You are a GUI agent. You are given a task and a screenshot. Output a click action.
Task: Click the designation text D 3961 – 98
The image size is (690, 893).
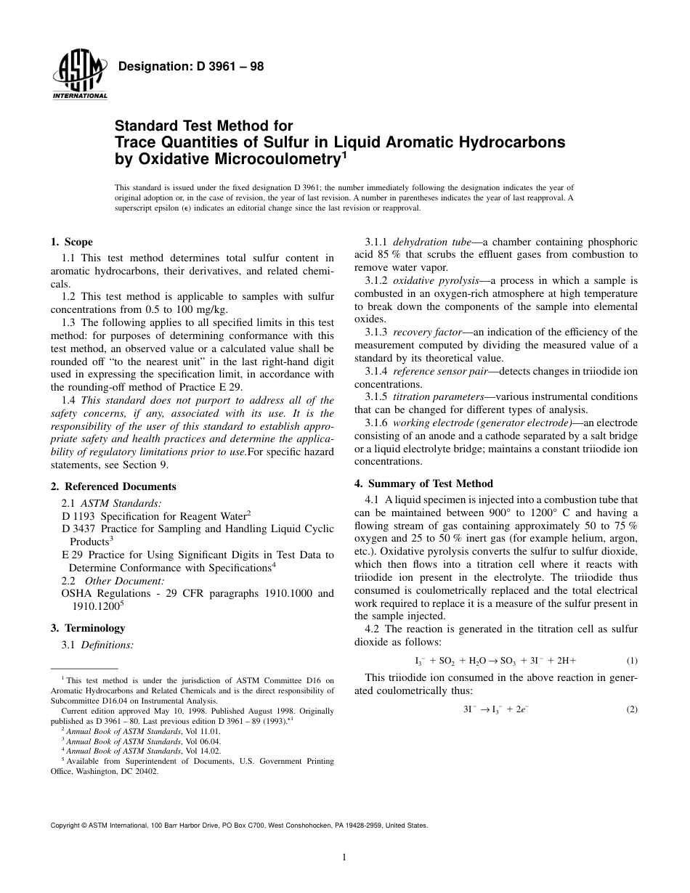[190, 67]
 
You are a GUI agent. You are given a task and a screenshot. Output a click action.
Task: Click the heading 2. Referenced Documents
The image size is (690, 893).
[113, 486]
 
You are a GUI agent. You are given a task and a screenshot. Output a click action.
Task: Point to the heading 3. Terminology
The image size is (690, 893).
[87, 628]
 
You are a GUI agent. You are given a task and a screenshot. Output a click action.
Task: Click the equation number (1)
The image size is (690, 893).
[631, 661]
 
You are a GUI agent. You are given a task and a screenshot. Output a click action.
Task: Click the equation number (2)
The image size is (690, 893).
[631, 709]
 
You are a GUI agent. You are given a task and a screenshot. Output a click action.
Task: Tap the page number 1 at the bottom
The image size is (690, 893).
[344, 857]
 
